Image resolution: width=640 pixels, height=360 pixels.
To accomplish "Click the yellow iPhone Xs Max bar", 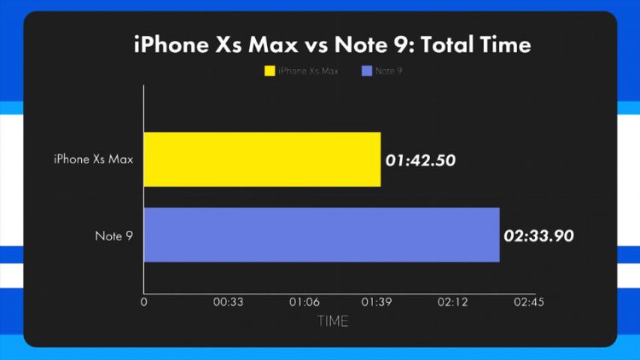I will (x=262, y=160).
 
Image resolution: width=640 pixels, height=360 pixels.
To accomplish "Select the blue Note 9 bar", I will (x=321, y=235).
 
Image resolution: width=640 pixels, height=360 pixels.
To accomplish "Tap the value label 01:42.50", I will (x=419, y=159).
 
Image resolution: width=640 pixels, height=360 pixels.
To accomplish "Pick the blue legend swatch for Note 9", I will (x=366, y=71).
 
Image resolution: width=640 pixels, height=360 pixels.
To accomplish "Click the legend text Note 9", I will (x=389, y=71).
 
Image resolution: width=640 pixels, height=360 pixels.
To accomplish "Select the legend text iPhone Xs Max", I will (x=308, y=71).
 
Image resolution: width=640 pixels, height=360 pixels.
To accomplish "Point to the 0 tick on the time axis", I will (x=144, y=302).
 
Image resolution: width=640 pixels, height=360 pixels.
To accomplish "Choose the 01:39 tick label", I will (x=379, y=302).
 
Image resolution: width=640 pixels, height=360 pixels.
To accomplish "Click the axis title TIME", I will (x=333, y=322).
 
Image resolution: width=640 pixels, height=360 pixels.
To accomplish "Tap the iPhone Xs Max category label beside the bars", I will (x=93, y=160).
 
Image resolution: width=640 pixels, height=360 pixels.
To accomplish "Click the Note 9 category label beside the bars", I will (x=113, y=235).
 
